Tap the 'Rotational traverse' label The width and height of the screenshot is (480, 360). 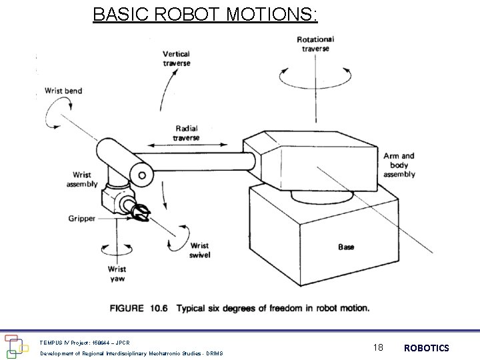[315, 44]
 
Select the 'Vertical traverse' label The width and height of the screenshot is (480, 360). [176, 59]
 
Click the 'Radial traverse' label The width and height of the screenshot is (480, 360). [187, 133]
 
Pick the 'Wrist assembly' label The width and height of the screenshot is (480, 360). [82, 179]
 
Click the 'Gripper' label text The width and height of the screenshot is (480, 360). [81, 218]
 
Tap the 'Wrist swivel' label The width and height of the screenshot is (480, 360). [199, 250]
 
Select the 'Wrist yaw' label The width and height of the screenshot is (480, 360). [117, 274]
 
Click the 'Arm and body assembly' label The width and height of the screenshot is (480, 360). [399, 165]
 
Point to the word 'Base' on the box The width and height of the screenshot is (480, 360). [346, 247]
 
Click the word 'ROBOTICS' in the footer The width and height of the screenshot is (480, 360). [426, 348]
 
